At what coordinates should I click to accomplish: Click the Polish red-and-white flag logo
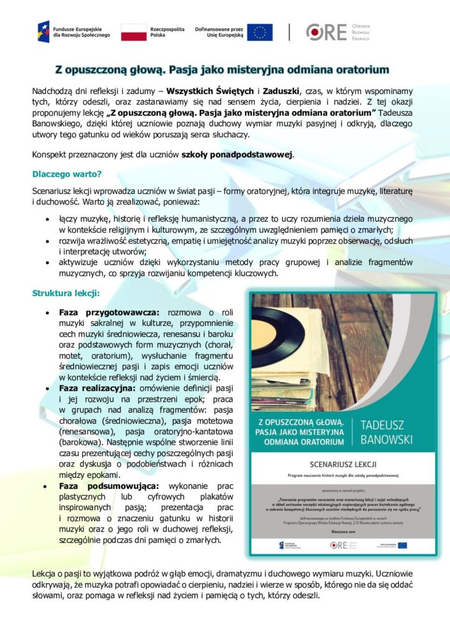(x=134, y=32)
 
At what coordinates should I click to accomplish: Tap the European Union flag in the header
(x=260, y=32)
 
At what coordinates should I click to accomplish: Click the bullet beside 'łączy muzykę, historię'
(x=48, y=220)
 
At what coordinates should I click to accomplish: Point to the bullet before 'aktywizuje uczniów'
(x=48, y=263)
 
